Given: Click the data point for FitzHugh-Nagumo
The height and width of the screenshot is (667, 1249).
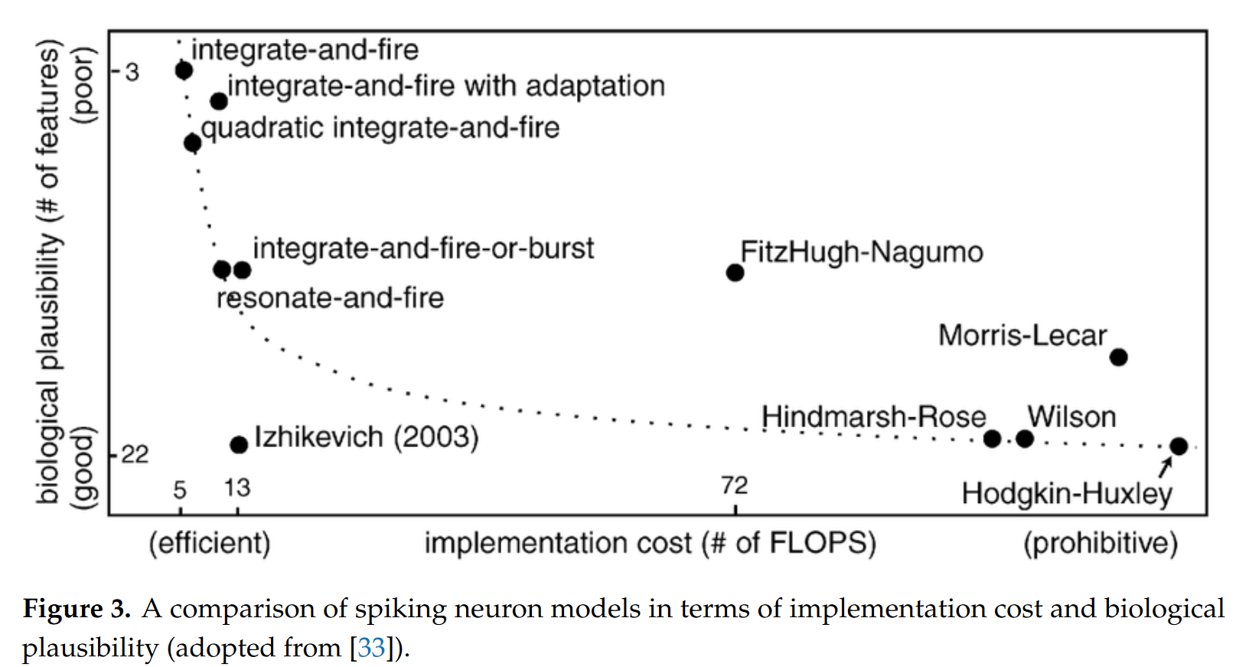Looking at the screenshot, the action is pos(735,273).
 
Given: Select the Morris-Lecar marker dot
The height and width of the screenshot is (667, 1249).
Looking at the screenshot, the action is pos(1119,357).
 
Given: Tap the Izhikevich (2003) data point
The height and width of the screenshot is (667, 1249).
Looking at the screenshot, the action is pos(239,445).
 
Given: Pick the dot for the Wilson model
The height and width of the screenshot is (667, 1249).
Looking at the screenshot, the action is pos(1025,440).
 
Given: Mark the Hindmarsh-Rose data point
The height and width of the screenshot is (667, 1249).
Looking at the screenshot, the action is pos(992,439).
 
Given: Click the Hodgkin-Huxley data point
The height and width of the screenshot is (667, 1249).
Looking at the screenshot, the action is pos(1178,446).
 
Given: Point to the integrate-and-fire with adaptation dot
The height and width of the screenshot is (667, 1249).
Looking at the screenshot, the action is pos(219,101).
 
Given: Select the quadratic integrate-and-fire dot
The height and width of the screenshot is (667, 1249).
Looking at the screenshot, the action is pos(192,143).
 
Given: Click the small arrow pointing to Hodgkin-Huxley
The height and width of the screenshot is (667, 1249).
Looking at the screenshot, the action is pos(1164,468).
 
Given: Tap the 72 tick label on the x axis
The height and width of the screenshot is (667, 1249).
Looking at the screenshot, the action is pos(735,486).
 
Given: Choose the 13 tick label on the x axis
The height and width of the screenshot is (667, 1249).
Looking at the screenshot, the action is pos(237,488).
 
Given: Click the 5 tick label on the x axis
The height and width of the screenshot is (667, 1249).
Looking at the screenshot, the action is pos(179,490).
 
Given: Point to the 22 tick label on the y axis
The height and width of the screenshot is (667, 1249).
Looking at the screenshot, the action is pos(135,454).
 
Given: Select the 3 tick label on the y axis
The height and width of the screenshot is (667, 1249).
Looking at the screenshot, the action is pos(132,73).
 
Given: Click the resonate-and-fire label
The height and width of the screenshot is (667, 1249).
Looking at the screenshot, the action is pos(330,297).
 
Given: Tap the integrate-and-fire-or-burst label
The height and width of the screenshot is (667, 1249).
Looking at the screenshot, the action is pos(423,248).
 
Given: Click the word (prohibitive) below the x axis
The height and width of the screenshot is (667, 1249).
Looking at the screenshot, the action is pos(1101,543).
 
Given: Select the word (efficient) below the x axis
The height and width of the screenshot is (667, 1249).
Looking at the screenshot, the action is pos(210,543).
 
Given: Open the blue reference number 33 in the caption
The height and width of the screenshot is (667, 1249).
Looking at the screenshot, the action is pos(371,647).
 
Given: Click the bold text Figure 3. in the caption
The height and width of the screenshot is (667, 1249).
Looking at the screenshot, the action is pos(77,608).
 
